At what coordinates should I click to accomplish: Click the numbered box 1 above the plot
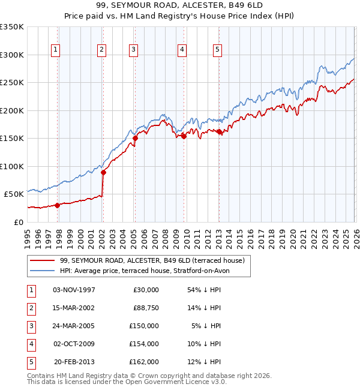click(x=55, y=50)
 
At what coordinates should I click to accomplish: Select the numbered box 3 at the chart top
click(x=133, y=50)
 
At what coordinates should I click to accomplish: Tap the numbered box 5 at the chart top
click(x=217, y=50)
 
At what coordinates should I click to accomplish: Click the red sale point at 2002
click(x=103, y=173)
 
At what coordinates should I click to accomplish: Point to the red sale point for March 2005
click(x=135, y=139)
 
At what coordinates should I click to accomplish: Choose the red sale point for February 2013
click(x=219, y=132)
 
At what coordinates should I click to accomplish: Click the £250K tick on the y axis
click(x=12, y=82)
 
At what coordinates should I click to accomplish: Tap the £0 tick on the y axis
click(x=19, y=222)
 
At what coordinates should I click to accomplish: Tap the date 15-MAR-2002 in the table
click(x=74, y=308)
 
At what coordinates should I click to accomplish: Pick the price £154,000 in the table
click(x=144, y=344)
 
